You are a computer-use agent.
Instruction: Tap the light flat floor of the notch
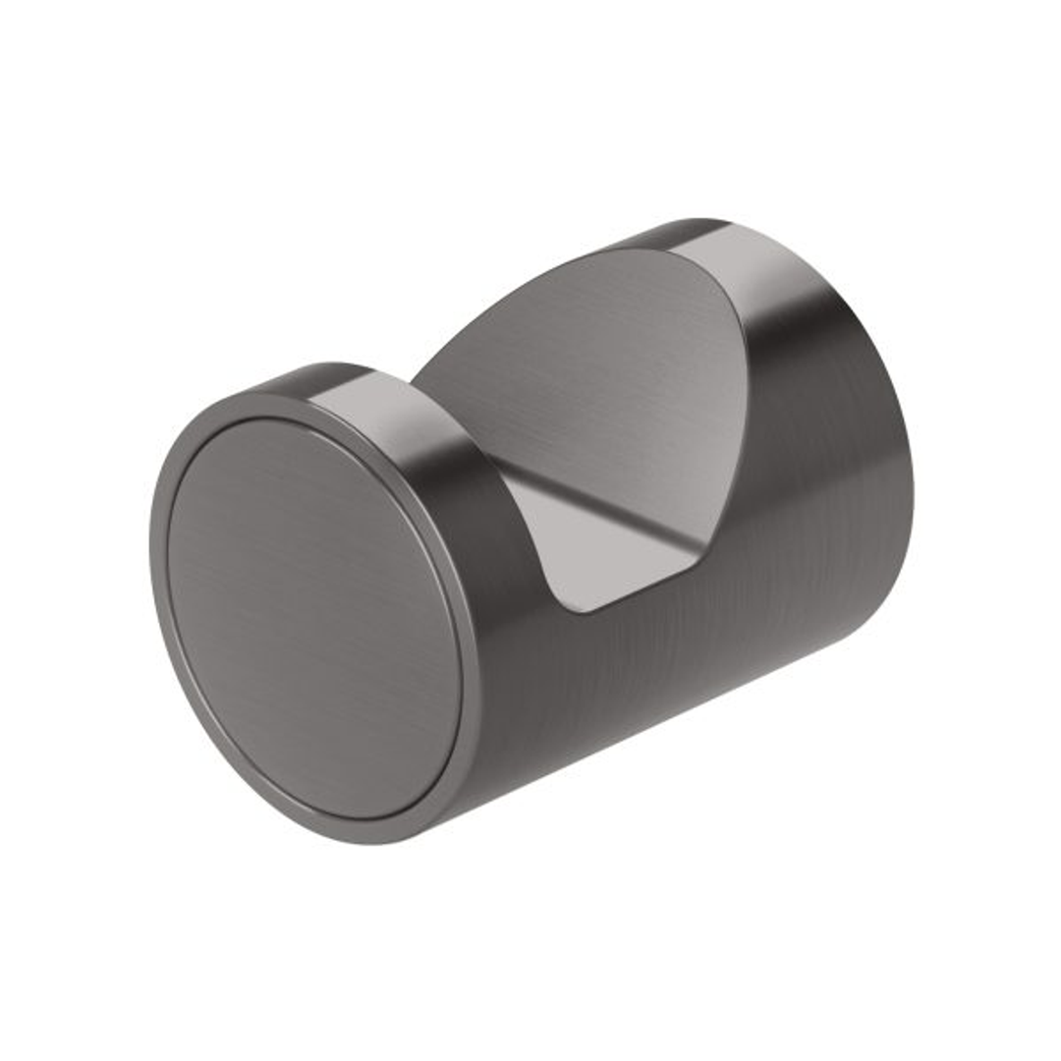609,560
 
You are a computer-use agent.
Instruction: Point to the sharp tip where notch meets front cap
414,379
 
